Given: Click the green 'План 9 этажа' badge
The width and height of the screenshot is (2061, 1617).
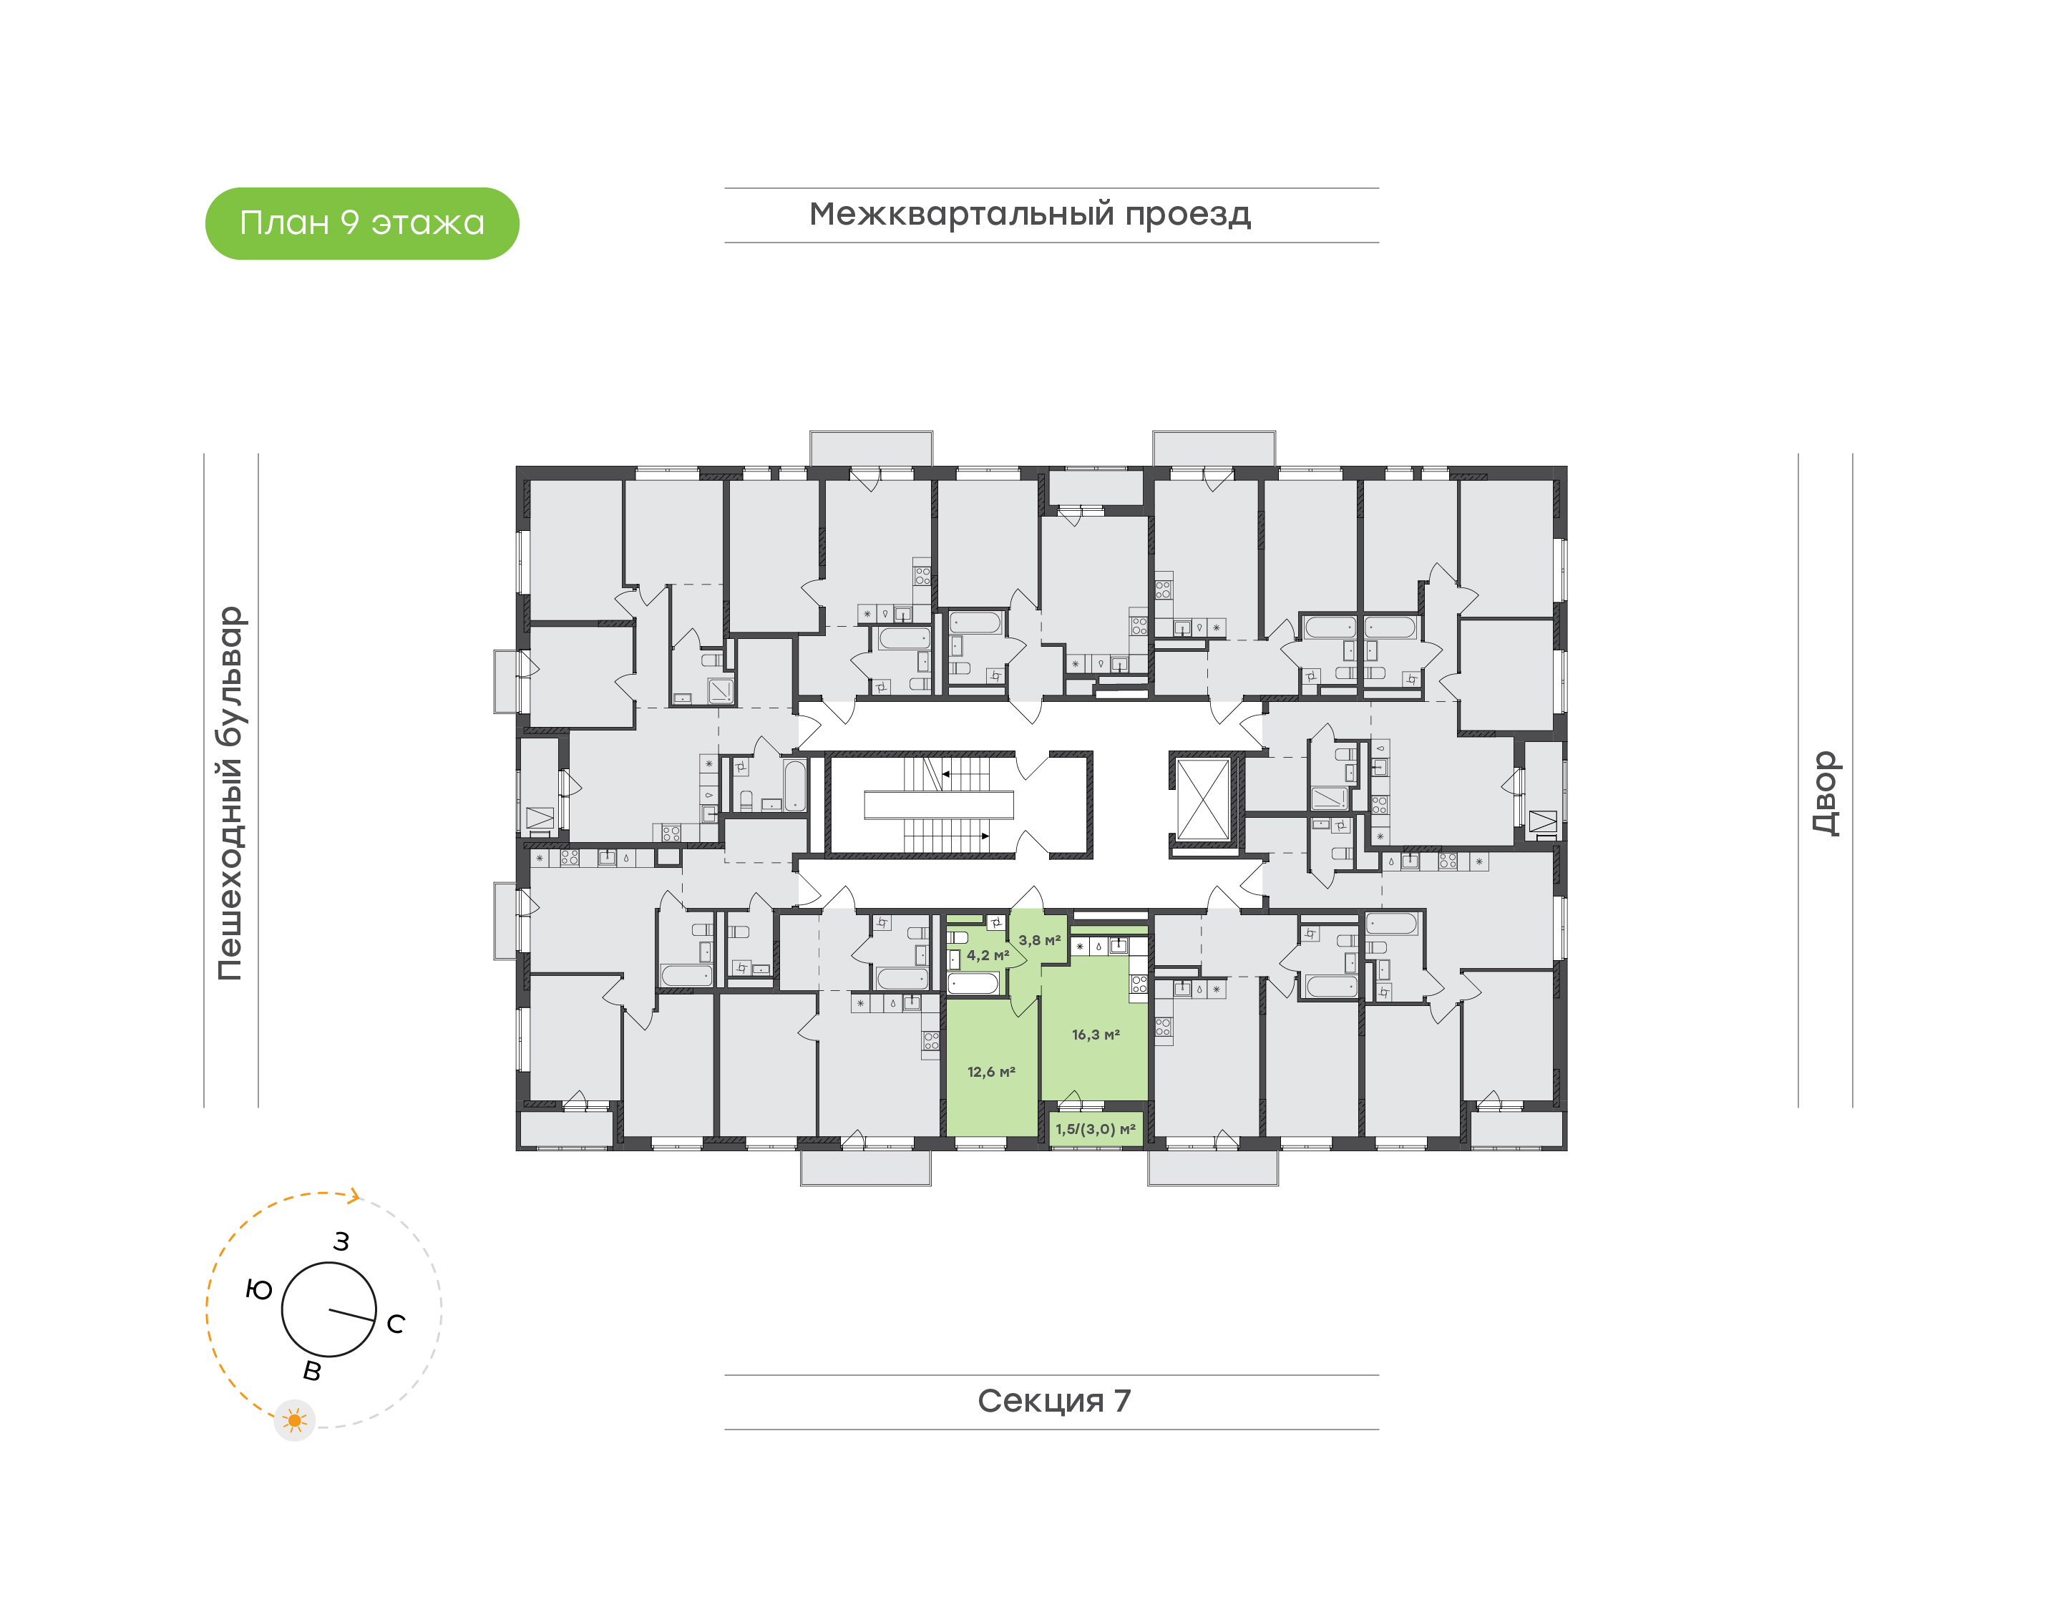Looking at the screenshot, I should coord(361,223).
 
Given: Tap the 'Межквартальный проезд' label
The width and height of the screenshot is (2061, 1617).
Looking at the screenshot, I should coord(1029,214).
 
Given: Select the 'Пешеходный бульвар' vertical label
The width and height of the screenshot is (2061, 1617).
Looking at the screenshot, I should coord(230,793).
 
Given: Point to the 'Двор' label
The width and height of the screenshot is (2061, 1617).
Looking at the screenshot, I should coord(1824,793).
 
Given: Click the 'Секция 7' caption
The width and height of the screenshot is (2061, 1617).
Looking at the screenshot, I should coord(1053,1400).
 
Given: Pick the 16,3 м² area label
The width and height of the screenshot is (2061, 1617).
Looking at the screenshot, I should coord(1096,1035).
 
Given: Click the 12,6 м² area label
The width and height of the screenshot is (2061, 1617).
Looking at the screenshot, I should coord(990,1072).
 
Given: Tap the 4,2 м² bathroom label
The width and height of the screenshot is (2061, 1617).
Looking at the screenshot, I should coord(986,955).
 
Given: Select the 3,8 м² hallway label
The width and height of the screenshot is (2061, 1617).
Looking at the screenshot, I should coord(1038,940).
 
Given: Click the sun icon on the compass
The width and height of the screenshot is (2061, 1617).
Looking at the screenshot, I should coord(294,1420).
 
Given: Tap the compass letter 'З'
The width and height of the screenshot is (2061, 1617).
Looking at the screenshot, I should coord(341,1241).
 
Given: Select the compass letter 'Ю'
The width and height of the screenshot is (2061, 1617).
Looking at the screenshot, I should coord(258,1289).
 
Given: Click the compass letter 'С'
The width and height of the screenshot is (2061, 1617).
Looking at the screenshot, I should coord(396,1324).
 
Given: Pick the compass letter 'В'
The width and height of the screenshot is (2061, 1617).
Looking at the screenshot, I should coord(311,1370).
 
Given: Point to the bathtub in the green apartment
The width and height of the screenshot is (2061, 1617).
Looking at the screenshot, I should coord(973,982).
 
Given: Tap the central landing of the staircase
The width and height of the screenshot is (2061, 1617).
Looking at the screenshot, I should coord(938,805).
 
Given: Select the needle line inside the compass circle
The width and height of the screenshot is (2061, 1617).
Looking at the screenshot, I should coord(351,1314).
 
